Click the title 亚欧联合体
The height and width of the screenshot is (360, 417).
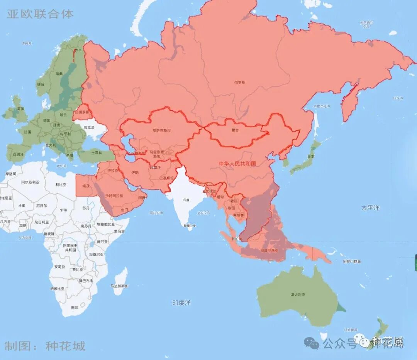[40, 14]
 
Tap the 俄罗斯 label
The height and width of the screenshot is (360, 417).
[239, 82]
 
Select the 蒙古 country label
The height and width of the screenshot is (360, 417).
[234, 130]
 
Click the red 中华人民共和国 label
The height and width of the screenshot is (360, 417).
[237, 164]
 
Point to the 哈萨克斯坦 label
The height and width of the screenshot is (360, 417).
[162, 130]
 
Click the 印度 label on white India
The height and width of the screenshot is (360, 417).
[186, 200]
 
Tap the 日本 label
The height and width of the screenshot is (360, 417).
[311, 156]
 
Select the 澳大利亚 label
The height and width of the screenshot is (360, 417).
[298, 294]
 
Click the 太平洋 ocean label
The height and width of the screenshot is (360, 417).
[370, 208]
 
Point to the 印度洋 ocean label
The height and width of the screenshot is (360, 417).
[181, 303]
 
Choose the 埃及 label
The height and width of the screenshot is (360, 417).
[86, 186]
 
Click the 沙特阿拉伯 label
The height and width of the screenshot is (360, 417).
[114, 196]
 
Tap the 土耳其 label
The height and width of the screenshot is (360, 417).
[96, 153]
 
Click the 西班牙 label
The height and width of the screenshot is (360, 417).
[18, 154]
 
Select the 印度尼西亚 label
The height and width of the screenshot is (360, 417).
[269, 251]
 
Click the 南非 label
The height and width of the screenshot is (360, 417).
[75, 308]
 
